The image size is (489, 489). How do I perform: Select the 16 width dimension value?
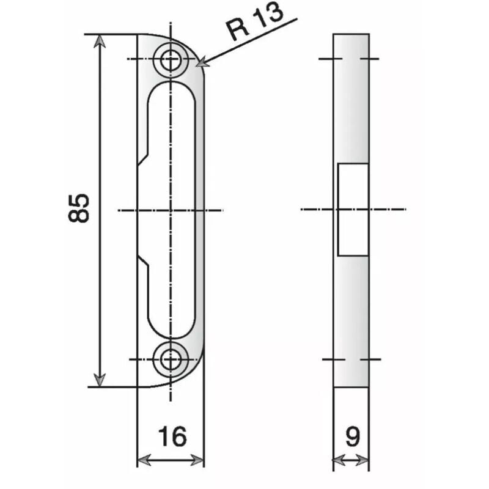pyautogui.click(x=171, y=437)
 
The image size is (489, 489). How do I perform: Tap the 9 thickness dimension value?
pyautogui.click(x=351, y=437)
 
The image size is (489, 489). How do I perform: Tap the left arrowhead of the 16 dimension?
pyautogui.click(x=142, y=460)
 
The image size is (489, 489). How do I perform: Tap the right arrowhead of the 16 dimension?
pyautogui.click(x=199, y=460)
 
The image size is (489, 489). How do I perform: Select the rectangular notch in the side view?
pyautogui.click(x=353, y=209)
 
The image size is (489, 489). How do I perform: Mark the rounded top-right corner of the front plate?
pyautogui.click(x=196, y=52)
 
